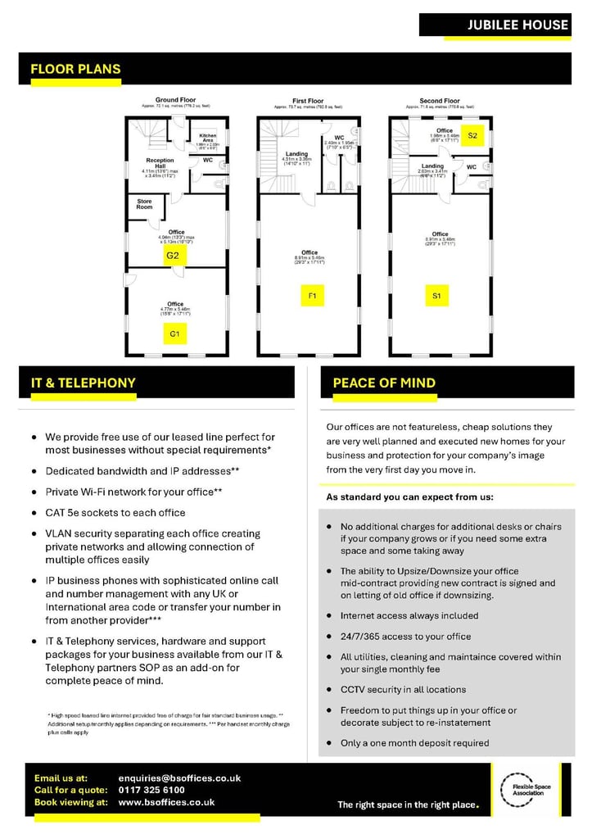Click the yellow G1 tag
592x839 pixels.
click(174, 333)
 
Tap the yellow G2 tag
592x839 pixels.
click(173, 256)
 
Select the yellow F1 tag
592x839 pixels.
click(312, 294)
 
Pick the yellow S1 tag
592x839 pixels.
click(437, 294)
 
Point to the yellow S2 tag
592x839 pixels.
click(472, 136)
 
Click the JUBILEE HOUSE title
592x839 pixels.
click(517, 25)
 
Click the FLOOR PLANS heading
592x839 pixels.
click(75, 70)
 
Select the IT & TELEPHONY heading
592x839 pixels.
click(84, 383)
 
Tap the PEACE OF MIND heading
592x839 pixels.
click(384, 383)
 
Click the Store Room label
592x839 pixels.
click(144, 204)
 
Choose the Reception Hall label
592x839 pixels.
click(160, 163)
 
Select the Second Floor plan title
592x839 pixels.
click(440, 101)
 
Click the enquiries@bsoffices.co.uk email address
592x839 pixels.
click(179, 778)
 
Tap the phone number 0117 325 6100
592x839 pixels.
click(151, 790)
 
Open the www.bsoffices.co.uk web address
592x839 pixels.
click(166, 802)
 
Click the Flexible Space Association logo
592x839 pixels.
click(531, 791)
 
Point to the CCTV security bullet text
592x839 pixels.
click(403, 690)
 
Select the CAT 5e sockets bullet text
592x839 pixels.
click(115, 513)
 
